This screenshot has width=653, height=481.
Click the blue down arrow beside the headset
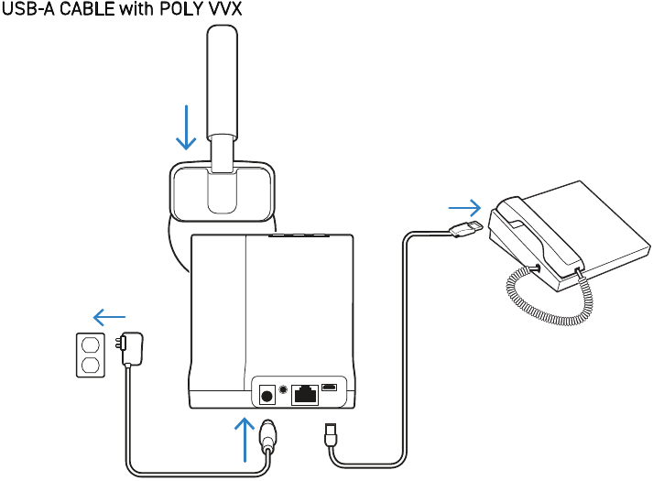[187, 126]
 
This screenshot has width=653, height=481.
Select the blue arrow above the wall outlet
[110, 318]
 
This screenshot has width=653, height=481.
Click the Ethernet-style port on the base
[304, 395]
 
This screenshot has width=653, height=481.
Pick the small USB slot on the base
[330, 388]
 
